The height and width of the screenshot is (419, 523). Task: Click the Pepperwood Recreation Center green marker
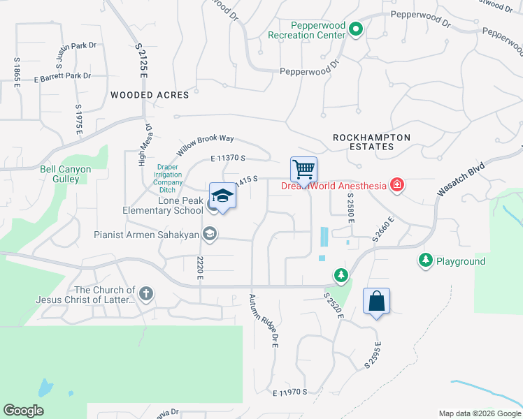point(356,29)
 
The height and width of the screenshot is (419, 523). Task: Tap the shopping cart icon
point(303,169)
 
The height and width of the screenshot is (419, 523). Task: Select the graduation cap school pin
point(222,196)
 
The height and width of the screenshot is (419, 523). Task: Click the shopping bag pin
point(376,301)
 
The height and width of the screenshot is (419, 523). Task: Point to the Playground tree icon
point(425,260)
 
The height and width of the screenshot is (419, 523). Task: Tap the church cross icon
point(145,294)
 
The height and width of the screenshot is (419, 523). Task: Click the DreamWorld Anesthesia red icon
point(397,185)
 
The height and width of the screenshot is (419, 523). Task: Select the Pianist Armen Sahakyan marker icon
point(209,235)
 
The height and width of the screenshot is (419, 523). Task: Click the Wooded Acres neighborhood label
point(150,95)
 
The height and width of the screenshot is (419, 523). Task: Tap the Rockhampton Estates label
point(371,142)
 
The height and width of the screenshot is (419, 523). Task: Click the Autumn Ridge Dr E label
point(264,321)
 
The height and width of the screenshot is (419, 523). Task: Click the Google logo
point(23,411)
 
